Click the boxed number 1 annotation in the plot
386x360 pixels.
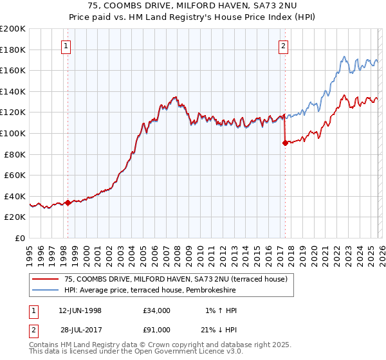pyautogui.click(x=68, y=46)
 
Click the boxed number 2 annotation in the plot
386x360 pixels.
pyautogui.click(x=284, y=46)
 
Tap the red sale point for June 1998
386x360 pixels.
pyautogui.click(x=68, y=203)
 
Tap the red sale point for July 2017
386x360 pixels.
pyautogui.click(x=284, y=143)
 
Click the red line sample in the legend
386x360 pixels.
pyautogui.click(x=46, y=279)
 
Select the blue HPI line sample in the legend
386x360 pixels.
pyautogui.click(x=46, y=291)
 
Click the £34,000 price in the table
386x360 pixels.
pyautogui.click(x=157, y=310)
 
